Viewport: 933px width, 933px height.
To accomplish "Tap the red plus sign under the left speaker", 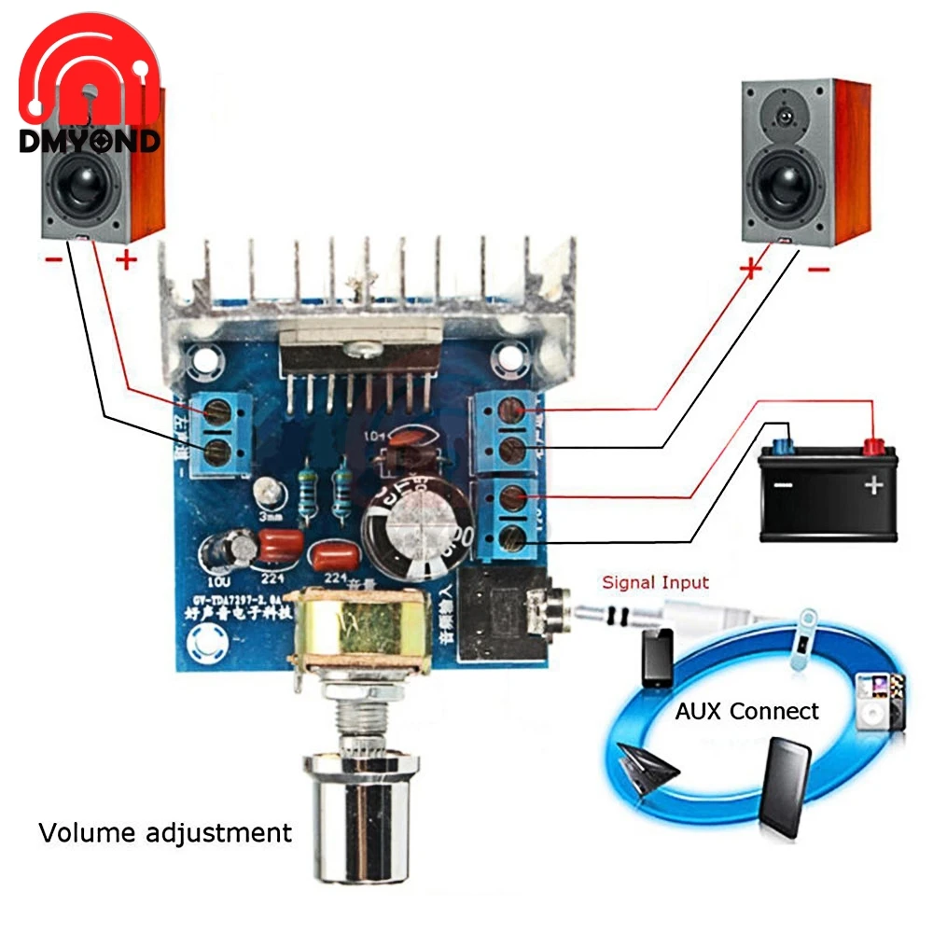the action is (126, 259).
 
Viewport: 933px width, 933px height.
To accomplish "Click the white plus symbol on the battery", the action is (873, 485).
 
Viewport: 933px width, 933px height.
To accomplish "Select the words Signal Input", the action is (655, 583).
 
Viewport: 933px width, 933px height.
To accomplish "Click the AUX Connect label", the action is (746, 711).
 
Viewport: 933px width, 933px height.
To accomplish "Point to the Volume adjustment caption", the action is (165, 831).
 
